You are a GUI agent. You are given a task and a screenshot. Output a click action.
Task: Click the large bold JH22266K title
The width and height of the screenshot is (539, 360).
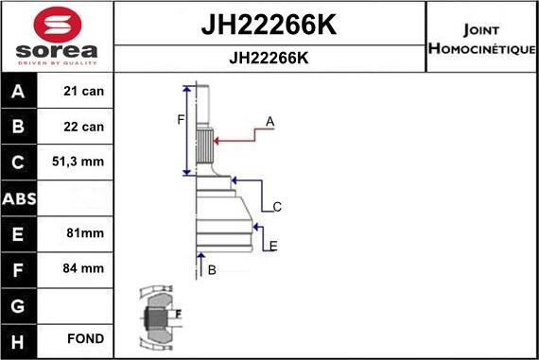[269, 26]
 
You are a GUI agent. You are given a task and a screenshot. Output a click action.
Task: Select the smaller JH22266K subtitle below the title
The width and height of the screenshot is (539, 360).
[269, 58]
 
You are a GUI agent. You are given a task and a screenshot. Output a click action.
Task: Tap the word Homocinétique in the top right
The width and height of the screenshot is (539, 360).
[482, 48]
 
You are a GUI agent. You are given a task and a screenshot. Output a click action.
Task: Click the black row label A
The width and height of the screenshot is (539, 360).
[19, 92]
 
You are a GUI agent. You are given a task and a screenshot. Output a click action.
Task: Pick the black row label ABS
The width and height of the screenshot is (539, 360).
[19, 198]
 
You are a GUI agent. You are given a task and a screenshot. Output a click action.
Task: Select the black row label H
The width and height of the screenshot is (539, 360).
[19, 338]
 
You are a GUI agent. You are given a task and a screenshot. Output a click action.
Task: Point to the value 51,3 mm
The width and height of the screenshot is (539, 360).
[78, 163]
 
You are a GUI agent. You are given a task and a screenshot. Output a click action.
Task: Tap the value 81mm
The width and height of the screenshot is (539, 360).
[78, 232]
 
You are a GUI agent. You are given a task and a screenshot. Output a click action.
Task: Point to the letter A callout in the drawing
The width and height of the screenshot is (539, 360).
[269, 122]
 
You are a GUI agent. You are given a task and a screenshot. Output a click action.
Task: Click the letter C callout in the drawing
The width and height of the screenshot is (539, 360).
[277, 207]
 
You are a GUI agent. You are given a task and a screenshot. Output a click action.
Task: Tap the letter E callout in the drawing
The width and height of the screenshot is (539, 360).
[273, 247]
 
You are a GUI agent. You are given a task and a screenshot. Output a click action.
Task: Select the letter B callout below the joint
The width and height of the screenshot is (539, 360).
[212, 270]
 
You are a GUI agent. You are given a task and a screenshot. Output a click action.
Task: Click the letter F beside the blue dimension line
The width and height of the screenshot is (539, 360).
[181, 119]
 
